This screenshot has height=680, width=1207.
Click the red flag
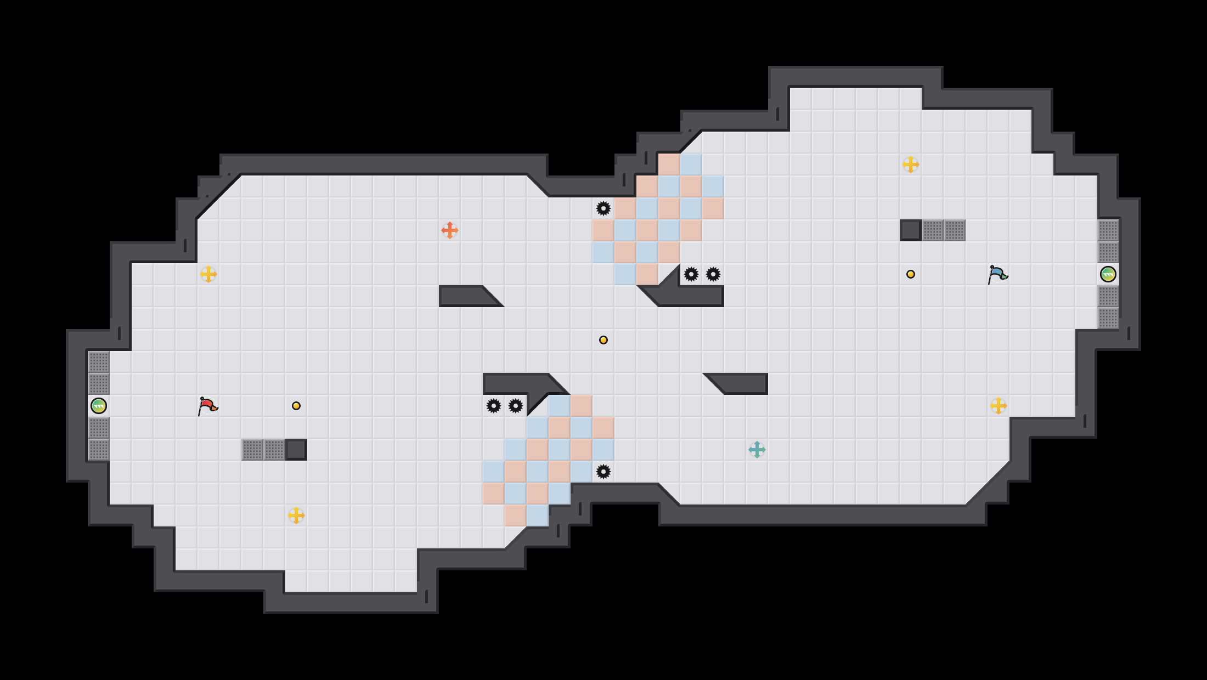click(x=207, y=406)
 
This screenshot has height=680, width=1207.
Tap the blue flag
click(x=997, y=274)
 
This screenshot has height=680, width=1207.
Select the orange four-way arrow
click(x=450, y=230)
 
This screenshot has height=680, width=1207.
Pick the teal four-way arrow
click(x=757, y=450)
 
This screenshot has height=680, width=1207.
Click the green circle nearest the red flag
click(x=99, y=406)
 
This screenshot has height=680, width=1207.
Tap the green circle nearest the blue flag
click(x=1108, y=274)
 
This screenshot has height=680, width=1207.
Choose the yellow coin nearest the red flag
click(x=296, y=406)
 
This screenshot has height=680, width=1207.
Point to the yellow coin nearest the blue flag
click(x=911, y=274)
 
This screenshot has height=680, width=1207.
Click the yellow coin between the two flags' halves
click(x=603, y=340)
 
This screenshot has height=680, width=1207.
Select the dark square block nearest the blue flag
click(x=911, y=230)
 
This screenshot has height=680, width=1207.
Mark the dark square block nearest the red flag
click(x=296, y=450)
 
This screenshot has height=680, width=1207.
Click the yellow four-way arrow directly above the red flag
click(x=208, y=274)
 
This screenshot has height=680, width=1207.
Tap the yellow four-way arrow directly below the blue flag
click(x=999, y=406)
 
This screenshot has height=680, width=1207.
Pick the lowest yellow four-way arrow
click(x=296, y=515)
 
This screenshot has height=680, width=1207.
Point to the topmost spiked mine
click(x=603, y=208)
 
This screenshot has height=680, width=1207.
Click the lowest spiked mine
click(x=603, y=472)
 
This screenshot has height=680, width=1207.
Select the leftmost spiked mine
click(x=494, y=406)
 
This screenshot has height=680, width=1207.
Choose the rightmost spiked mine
click(x=713, y=274)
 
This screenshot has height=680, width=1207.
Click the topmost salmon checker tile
click(x=669, y=165)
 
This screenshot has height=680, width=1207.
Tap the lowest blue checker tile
click(x=538, y=515)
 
